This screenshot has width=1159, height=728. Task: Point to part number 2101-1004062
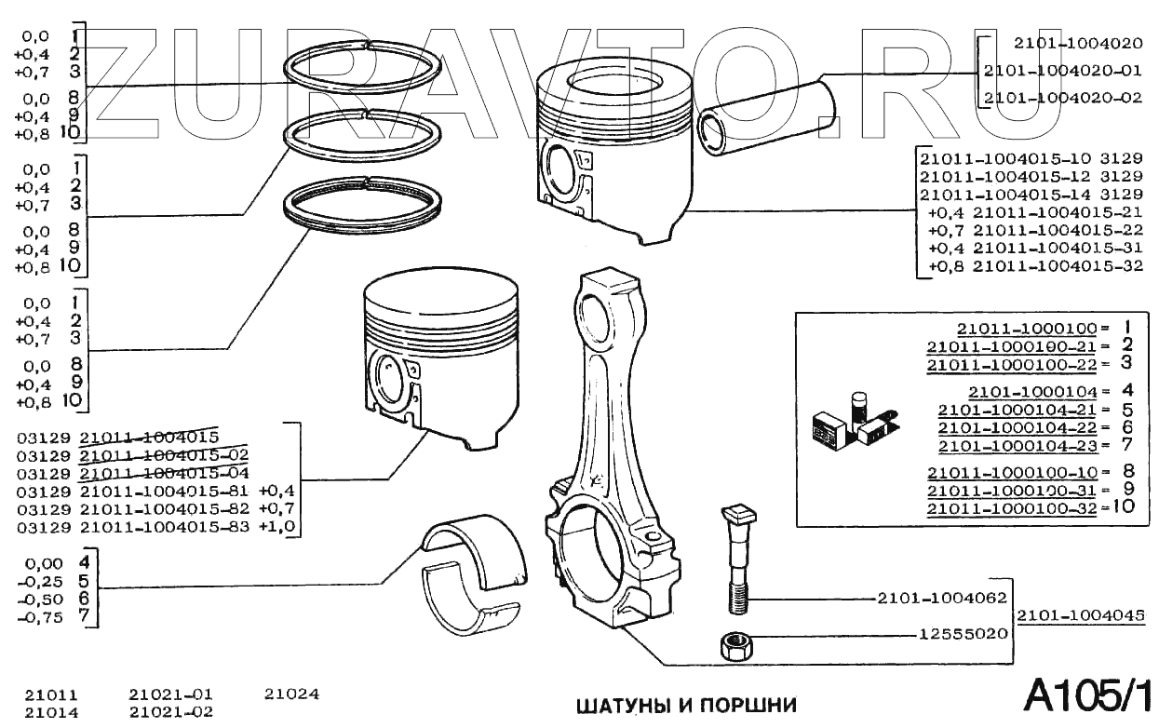pos(941,598)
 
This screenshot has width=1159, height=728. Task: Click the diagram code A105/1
pos(1088,694)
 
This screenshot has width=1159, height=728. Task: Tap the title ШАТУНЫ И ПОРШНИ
pos(687,706)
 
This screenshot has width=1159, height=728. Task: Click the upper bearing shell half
pos(475,549)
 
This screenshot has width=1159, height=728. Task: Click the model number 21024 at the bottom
pos(291,694)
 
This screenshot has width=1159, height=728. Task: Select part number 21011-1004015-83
pos(166,528)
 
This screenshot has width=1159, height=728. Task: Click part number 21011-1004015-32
pos(1058,266)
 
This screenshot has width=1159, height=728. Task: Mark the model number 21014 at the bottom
pos(51,713)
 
